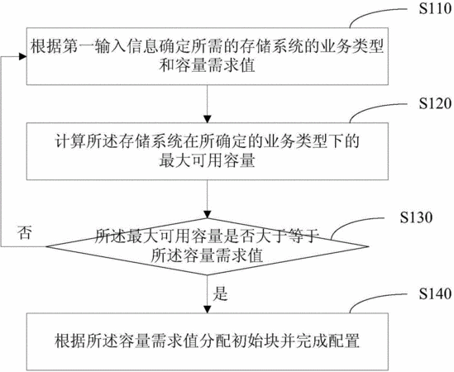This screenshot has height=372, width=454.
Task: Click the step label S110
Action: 435,9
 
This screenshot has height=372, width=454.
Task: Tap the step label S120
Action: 435,103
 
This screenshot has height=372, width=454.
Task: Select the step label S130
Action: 416,217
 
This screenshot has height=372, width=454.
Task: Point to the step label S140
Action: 435,293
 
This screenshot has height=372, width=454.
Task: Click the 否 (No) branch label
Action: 25,232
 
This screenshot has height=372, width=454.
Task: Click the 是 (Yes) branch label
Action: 220,293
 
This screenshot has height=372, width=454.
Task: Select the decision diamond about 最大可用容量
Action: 208,246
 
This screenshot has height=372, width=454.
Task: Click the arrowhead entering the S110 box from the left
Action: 23,56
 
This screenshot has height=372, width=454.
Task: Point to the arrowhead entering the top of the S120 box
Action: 208,119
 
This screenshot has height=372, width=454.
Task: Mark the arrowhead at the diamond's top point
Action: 208,214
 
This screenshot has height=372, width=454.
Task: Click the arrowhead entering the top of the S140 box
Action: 208,309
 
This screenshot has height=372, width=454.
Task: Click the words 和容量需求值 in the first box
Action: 208,65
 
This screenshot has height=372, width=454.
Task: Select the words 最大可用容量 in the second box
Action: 208,160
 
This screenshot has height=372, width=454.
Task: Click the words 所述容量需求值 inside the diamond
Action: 208,255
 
